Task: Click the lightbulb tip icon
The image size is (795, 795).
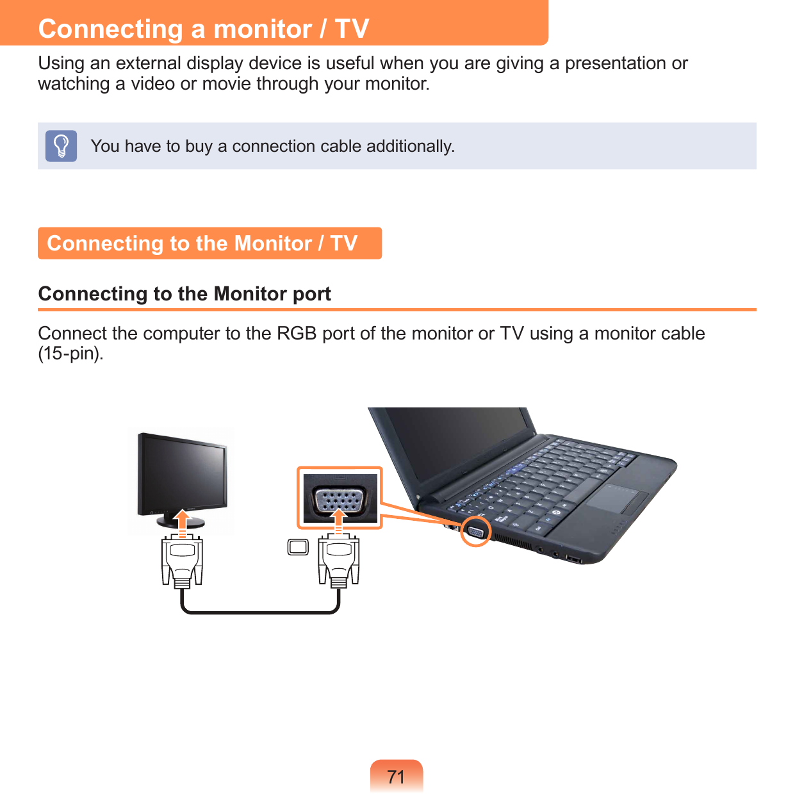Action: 61,146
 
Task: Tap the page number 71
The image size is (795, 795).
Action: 397,776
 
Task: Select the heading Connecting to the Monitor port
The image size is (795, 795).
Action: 184,294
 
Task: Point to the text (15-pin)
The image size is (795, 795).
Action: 70,354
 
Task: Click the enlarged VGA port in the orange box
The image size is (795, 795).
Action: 339,499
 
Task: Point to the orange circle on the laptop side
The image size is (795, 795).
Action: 476,531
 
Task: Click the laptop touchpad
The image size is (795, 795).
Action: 618,499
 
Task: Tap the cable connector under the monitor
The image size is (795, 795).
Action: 183,561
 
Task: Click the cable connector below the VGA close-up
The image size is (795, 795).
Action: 339,561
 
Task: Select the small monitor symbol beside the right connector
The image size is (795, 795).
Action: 298,547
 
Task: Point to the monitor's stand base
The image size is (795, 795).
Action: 182,523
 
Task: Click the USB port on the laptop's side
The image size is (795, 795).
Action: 573,561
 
